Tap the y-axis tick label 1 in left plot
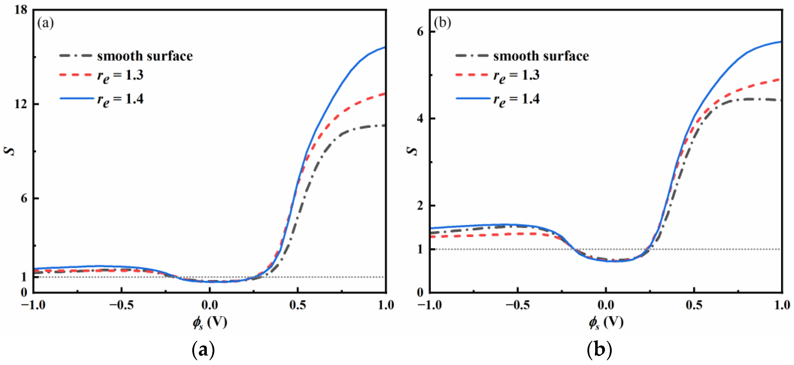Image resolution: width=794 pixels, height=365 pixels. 24,277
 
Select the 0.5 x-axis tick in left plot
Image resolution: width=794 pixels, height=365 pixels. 298,305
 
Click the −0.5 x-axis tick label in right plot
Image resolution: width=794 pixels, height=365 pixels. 518,305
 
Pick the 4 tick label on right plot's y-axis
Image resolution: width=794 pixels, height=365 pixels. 420,119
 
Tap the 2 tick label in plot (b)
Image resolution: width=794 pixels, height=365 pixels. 420,206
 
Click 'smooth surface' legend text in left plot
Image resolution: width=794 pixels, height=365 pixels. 145,56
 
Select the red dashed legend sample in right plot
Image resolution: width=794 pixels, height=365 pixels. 471,75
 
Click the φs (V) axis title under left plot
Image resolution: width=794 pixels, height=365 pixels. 210,322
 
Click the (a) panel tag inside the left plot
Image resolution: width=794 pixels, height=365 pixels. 45,23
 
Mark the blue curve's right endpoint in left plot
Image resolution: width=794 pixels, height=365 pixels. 385,47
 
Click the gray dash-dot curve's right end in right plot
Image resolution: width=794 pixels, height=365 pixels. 781,100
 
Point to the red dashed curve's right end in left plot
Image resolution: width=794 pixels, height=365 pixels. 385,94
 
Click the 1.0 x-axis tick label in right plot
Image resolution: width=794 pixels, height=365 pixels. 782,305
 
